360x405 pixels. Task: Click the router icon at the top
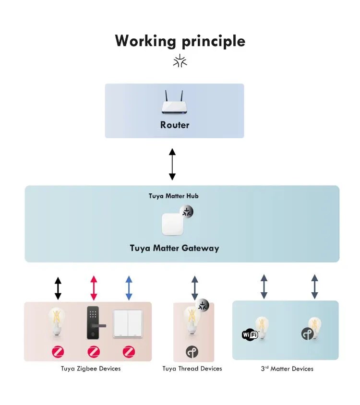point(175,103)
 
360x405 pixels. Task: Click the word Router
point(175,125)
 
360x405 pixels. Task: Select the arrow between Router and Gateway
point(172,164)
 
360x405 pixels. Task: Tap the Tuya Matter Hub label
point(173,196)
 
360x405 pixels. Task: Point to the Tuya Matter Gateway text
point(174,248)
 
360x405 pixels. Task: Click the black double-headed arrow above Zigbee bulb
point(58,288)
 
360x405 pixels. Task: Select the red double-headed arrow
point(94,288)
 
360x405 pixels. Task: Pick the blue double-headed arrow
point(129,288)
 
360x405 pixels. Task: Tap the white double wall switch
point(128,324)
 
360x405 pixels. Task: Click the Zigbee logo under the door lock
point(94,352)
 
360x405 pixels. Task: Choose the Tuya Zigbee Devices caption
point(91,369)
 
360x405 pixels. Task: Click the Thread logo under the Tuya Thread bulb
point(192,352)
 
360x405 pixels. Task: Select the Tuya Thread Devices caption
point(192,369)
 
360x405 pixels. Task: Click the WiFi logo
point(250,334)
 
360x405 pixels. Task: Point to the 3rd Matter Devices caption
point(287,369)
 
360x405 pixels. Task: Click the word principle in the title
point(213,41)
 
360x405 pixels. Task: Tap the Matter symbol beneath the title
point(180,61)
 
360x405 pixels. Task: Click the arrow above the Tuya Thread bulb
point(194,288)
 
